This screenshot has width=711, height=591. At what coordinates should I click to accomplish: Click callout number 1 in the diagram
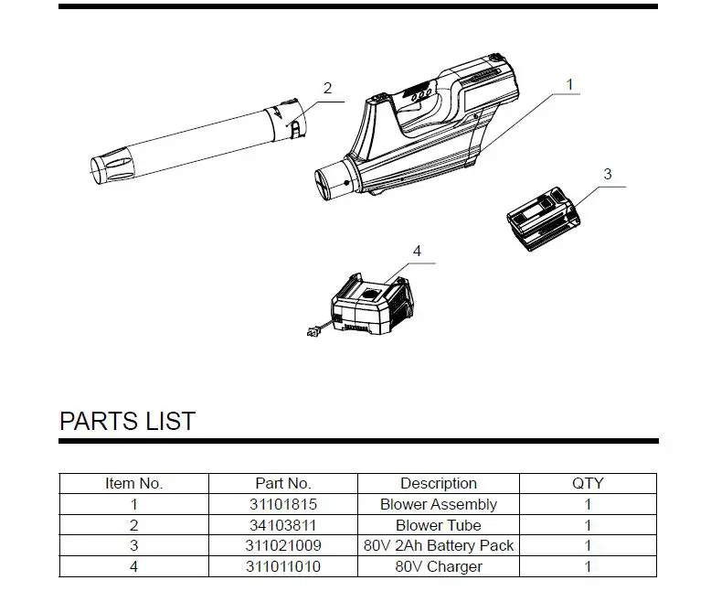coord(569,84)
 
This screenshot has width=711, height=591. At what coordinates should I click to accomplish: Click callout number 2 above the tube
coord(327,89)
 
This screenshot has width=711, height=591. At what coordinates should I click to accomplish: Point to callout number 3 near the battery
coord(608,174)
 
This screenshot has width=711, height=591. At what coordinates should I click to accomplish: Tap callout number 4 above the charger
coord(417,251)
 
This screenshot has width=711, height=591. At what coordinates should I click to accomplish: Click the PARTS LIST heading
coord(127,421)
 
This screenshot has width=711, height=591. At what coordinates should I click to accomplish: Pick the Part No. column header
coord(283,483)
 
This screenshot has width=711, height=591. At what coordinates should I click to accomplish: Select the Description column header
coord(439,483)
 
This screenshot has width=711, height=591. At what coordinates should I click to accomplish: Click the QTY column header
coord(588,483)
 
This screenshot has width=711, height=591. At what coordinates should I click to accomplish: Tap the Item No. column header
coord(133,483)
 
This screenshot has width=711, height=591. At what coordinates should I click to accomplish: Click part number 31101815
coord(283,504)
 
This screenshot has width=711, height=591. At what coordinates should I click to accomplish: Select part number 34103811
coord(283,525)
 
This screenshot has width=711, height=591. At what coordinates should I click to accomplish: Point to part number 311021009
coord(283,546)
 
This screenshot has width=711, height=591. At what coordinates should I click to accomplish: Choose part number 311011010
coord(283,567)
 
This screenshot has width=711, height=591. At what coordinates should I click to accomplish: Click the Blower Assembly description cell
coord(439,504)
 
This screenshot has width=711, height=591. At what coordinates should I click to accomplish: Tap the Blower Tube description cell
coord(439,525)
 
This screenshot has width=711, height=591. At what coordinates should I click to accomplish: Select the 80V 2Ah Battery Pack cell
coord(439,546)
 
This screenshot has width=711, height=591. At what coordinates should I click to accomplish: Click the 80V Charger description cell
coord(439,567)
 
